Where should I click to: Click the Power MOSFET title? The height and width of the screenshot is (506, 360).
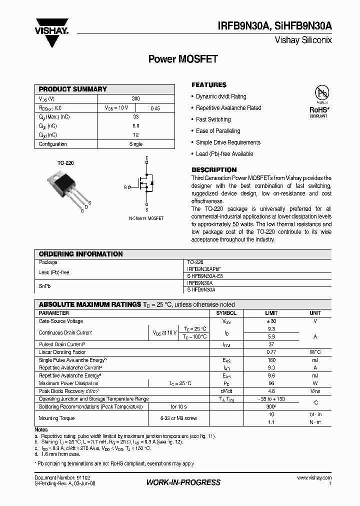click(183, 59)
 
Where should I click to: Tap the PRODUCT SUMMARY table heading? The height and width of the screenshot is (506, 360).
click(73, 89)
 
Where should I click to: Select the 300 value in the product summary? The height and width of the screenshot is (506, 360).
click(136, 99)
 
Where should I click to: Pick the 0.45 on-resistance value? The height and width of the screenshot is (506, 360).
click(155, 108)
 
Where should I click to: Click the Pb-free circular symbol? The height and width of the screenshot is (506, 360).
click(321, 93)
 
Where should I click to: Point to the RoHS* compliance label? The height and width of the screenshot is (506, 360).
click(318, 109)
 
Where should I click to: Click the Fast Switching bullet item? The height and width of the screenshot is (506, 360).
click(213, 119)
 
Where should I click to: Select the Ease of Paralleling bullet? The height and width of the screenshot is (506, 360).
click(218, 131)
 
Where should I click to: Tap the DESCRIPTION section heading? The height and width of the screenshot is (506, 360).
click(214, 169)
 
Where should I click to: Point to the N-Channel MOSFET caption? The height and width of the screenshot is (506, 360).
click(146, 218)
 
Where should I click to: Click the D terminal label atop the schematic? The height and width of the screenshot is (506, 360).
click(146, 158)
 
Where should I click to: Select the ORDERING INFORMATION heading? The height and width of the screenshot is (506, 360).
click(80, 254)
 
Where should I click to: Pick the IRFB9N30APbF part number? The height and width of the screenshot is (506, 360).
click(203, 268)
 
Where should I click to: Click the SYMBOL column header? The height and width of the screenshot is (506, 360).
click(226, 313)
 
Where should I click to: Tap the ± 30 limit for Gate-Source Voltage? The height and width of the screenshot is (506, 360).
click(271, 321)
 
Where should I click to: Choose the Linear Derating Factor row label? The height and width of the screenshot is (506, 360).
click(62, 352)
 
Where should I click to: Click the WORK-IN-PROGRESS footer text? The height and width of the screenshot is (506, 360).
click(183, 482)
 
